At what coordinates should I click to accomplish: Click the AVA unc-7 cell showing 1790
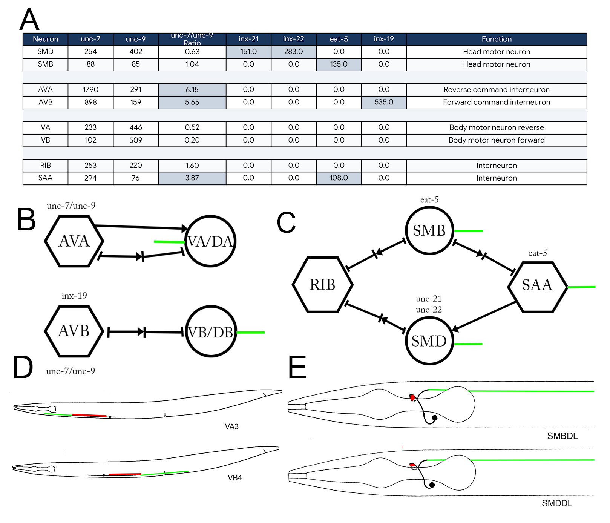(90, 90)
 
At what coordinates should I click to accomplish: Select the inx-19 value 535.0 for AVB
(384, 102)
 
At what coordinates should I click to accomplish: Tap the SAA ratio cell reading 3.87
(192, 178)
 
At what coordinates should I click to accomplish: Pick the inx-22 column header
(293, 39)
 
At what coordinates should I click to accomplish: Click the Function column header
(497, 39)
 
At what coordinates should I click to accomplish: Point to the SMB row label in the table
(46, 64)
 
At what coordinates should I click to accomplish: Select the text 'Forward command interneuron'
(497, 102)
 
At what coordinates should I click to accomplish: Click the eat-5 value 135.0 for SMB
(339, 64)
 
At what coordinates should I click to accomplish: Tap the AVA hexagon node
(74, 241)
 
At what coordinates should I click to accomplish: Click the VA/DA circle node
(210, 241)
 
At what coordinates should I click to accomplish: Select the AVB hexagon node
(74, 331)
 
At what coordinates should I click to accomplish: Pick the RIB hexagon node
(323, 285)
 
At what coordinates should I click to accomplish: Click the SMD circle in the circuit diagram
(429, 341)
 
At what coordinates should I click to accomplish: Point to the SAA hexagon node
(538, 287)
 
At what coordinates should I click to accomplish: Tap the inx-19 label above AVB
(74, 296)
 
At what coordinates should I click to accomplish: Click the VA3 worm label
(232, 426)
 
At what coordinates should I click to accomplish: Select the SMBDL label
(562, 436)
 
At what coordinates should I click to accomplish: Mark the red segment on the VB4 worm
(125, 474)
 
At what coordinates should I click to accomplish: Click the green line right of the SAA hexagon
(582, 287)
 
